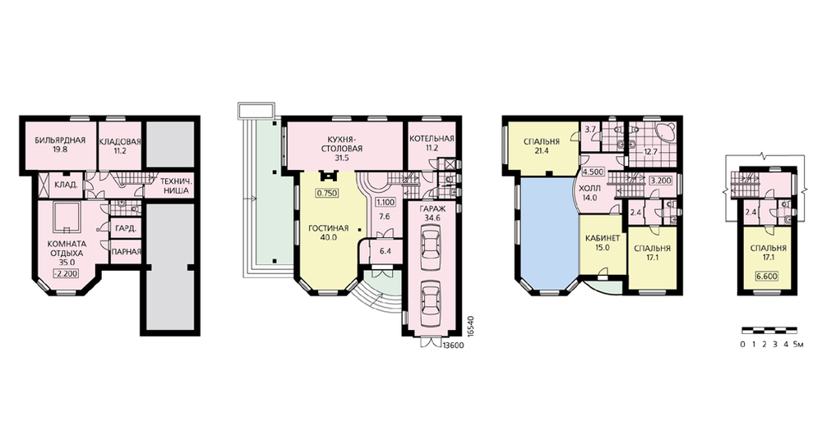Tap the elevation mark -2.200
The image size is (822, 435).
point(66,272)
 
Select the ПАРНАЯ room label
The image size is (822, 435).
point(127,252)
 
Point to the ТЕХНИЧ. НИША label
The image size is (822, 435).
point(174,186)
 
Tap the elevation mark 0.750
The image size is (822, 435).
point(326,193)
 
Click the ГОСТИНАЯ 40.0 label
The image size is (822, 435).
point(329,232)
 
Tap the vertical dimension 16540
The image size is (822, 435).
point(470,326)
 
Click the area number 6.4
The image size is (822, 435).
point(386,251)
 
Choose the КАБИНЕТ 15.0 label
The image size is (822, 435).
point(603,242)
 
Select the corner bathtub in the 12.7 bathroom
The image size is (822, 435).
point(664,131)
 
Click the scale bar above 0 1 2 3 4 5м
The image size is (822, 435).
point(769,331)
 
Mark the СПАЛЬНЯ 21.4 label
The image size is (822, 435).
point(542,146)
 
